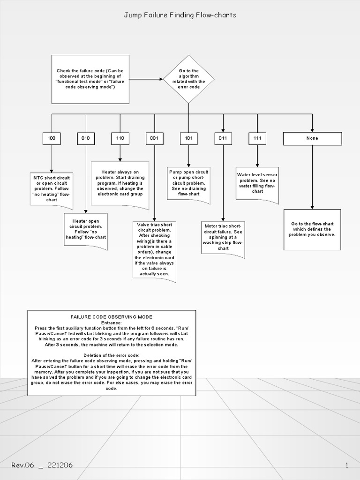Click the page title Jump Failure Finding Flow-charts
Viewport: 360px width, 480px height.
pos(180,15)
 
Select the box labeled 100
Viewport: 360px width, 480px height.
pos(51,138)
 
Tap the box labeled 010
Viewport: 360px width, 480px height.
pos(86,138)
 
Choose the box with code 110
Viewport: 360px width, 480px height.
pos(120,138)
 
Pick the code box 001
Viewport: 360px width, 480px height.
pos(154,138)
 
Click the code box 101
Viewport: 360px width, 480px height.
pos(188,138)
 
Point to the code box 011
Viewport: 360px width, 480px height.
pos(223,138)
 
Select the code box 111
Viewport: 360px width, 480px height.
pos(257,138)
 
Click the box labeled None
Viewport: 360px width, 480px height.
pos(312,138)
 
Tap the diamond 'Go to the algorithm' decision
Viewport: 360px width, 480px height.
pos(189,79)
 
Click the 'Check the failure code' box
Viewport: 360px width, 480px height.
pos(90,79)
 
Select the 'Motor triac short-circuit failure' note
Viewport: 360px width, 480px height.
pos(223,238)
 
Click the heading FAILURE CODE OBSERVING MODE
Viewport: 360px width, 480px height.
pos(112,317)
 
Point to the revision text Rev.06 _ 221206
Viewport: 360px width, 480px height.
pos(42,465)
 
